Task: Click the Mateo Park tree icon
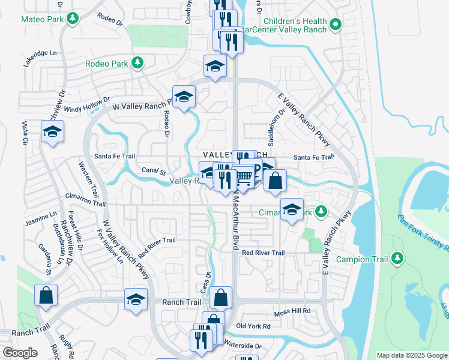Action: pyautogui.click(x=73, y=19)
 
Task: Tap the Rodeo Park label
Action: pyautogui.click(x=106, y=63)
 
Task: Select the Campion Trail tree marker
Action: pyautogui.click(x=397, y=259)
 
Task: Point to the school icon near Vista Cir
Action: pyautogui.click(x=52, y=132)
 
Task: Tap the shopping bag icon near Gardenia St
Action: pyautogui.click(x=46, y=296)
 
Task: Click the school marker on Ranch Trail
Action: pyautogui.click(x=136, y=299)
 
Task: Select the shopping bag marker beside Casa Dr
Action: pyautogui.click(x=221, y=296)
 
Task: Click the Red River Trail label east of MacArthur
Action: pyautogui.click(x=263, y=253)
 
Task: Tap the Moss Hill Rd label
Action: pyautogui.click(x=292, y=311)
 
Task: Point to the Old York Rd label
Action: pyautogui.click(x=254, y=326)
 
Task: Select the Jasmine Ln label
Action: pyautogui.click(x=41, y=218)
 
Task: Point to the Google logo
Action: pyautogui.click(x=19, y=353)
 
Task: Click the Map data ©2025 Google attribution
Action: pyautogui.click(x=411, y=355)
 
